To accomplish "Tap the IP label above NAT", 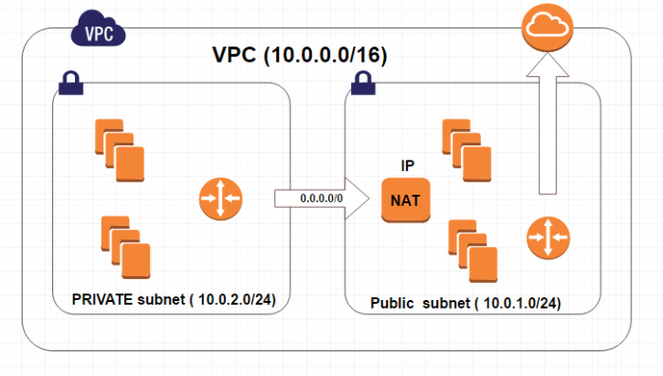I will click(x=407, y=166).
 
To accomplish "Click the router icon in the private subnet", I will click(x=220, y=199).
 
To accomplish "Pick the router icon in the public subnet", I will click(x=549, y=235).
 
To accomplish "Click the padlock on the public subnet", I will click(x=361, y=85).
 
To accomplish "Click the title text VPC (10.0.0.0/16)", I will click(x=299, y=55).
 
